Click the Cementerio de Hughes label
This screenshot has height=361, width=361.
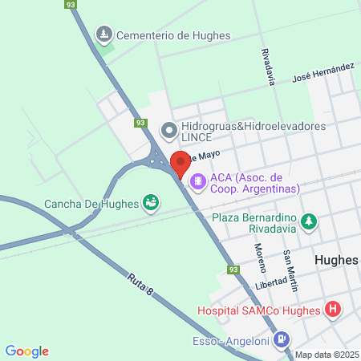pyautogui.click(x=173, y=35)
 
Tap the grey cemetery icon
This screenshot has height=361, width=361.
pyautogui.click(x=103, y=34)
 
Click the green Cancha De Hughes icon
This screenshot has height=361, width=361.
pyautogui.click(x=150, y=202)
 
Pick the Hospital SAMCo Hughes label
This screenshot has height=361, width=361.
pyautogui.click(x=258, y=310)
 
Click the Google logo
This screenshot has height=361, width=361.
pyautogui.click(x=27, y=351)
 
